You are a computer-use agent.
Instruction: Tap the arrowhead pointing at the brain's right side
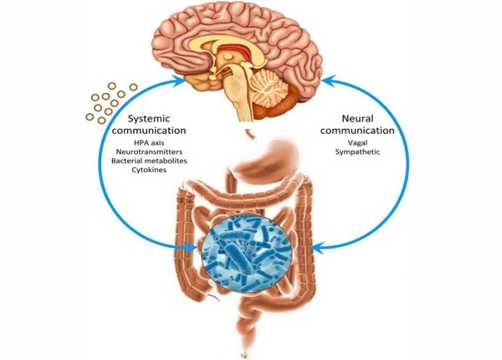pos(328,79)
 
